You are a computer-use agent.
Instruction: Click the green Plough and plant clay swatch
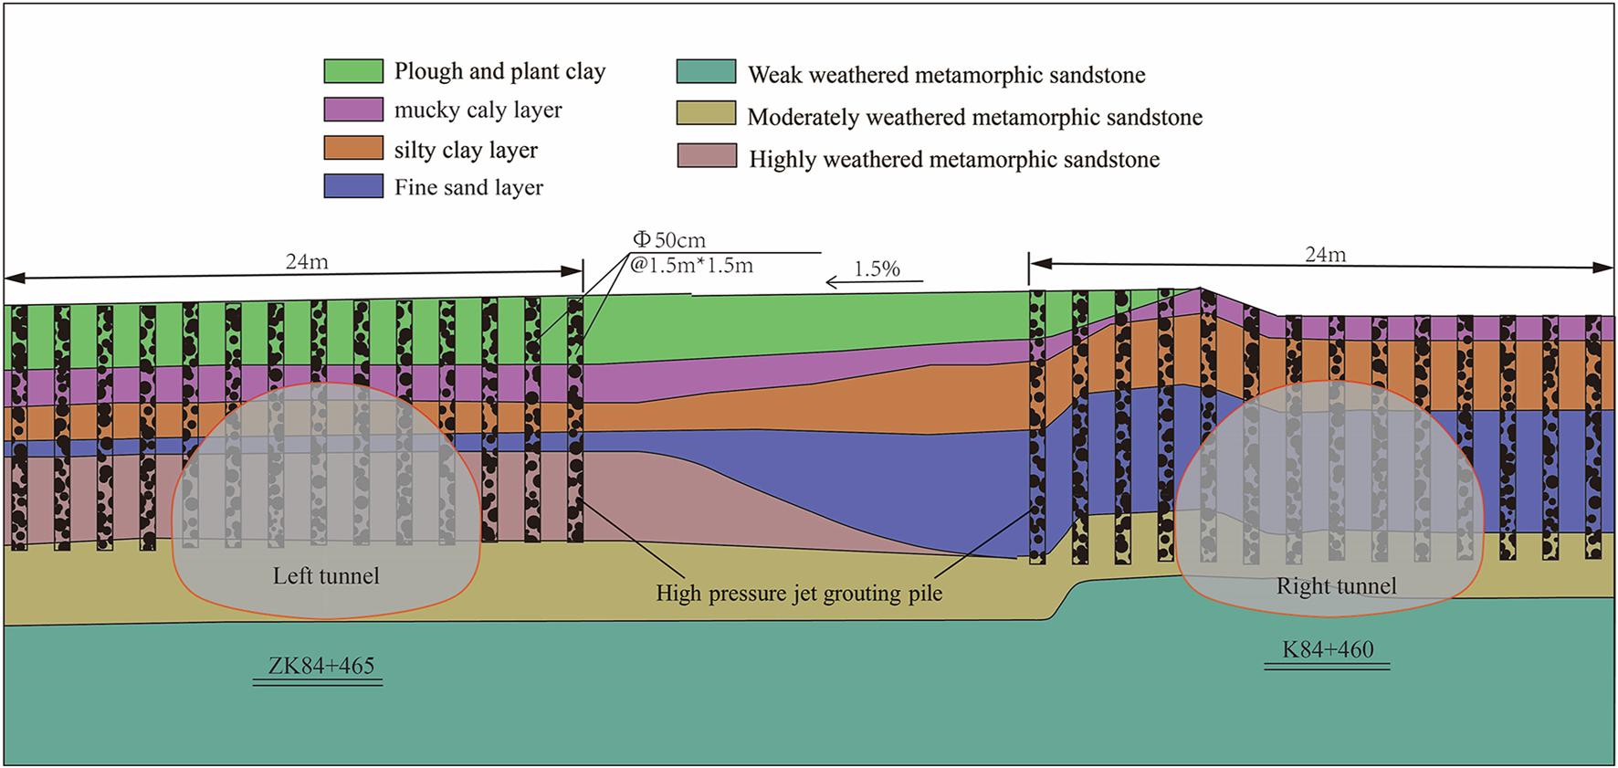point(353,71)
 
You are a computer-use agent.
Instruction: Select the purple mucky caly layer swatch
point(353,110)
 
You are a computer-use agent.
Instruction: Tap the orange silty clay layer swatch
point(353,148)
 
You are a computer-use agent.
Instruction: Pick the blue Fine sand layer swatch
point(353,186)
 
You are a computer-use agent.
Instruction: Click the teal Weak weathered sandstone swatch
point(706,72)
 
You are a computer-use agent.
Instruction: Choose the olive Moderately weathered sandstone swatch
point(706,113)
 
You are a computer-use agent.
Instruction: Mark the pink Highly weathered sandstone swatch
point(707,155)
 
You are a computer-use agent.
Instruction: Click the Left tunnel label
point(326,576)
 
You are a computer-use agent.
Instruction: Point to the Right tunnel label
point(1336,586)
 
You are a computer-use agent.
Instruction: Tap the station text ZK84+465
point(320,666)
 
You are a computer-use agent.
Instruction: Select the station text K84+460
point(1328,650)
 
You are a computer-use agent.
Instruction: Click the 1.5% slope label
point(877,269)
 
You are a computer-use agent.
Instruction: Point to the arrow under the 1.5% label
point(874,282)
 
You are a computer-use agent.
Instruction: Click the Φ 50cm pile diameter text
point(669,240)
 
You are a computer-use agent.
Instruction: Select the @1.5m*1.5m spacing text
point(691,266)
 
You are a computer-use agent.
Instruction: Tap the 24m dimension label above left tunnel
point(307,262)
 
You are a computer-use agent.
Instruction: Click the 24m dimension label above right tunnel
point(1325,255)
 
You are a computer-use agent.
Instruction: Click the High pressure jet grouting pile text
point(799,594)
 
